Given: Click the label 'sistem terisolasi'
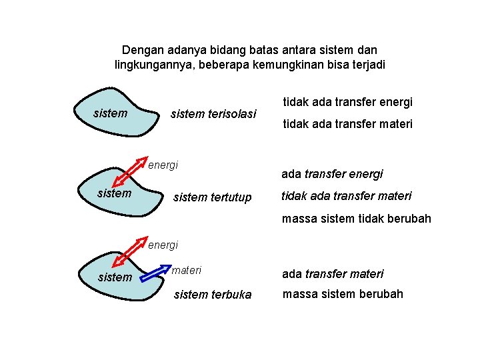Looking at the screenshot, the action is point(213,114).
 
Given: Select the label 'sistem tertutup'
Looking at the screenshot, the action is point(212,197).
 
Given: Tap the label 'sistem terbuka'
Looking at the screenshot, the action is point(213,295).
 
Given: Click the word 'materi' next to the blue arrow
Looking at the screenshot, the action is point(187,270).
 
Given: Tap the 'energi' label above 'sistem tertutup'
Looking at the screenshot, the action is point(163,165).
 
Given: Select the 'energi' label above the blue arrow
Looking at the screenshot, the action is point(163,245).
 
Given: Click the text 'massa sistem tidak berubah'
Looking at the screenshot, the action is point(356,219).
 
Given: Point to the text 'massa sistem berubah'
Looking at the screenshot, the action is point(343,294).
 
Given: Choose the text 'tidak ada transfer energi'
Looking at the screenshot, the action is point(348,102).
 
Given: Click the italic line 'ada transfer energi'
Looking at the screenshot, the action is point(332,174).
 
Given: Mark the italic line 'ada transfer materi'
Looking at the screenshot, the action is point(333,274).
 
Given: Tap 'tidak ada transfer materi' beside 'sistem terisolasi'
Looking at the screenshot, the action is point(348,124).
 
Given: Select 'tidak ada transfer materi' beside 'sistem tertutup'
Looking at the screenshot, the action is point(347,196).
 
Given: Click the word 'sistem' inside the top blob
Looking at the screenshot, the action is point(111,113).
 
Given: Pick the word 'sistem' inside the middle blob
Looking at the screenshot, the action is point(114,193).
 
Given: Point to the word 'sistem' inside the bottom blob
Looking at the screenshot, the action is point(115,277).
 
